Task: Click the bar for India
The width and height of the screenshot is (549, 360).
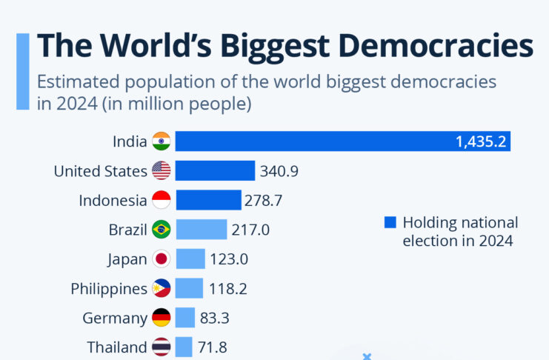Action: (x=311, y=141)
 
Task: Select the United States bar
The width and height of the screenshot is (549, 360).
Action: (x=215, y=171)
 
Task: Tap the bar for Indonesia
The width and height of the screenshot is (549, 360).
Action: (x=208, y=200)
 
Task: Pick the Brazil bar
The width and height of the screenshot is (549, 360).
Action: (x=201, y=230)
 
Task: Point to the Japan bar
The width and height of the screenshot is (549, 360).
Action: (x=190, y=259)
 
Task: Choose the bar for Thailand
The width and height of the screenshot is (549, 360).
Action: (x=184, y=347)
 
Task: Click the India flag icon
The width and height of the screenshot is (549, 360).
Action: (x=162, y=141)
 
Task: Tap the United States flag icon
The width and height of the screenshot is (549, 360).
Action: (x=162, y=171)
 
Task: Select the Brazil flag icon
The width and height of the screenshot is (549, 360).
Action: (x=162, y=230)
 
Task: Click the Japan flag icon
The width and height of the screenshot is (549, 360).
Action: (x=162, y=259)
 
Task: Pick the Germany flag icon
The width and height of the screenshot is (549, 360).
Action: (x=162, y=318)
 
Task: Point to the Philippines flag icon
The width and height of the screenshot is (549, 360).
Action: (x=162, y=288)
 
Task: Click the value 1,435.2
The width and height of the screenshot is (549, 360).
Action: (x=481, y=141)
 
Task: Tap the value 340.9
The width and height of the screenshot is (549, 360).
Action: (x=279, y=171)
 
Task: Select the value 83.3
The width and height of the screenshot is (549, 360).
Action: (x=214, y=318)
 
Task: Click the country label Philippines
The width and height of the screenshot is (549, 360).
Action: (x=109, y=288)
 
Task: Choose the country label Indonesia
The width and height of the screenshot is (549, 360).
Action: (x=113, y=200)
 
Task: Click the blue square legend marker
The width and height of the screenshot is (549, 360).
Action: (x=390, y=222)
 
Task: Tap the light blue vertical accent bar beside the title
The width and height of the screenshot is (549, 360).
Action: (x=23, y=71)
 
